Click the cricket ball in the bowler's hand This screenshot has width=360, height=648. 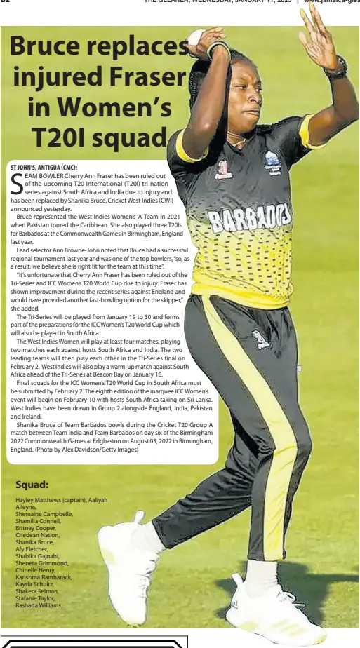coord(196,36)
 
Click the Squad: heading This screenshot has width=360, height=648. coord(32,484)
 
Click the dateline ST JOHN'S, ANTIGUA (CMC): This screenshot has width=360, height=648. coord(44,167)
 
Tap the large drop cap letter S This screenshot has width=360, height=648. coord(17,183)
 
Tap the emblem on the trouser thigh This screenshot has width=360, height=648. coord(261,339)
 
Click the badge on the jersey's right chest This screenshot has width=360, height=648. coord(272,163)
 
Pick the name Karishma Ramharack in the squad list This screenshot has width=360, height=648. coord(44,576)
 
